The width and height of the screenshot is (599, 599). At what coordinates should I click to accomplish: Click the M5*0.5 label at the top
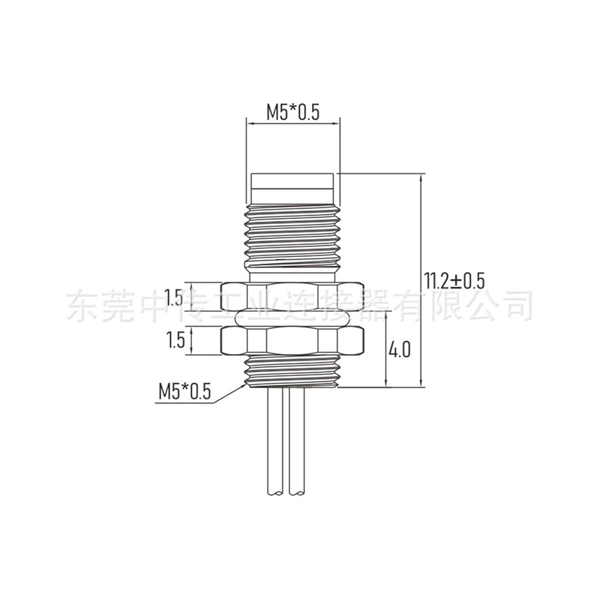coord(293,113)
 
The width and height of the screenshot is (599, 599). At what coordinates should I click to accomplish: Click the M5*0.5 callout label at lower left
coord(185,392)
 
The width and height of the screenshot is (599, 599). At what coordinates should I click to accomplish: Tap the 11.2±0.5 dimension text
coord(454,281)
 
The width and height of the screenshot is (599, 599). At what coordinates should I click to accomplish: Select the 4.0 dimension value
coord(400,350)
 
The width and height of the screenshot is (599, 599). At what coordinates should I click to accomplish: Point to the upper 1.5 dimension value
coord(174,297)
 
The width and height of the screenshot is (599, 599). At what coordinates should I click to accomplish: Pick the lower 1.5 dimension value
coord(176,340)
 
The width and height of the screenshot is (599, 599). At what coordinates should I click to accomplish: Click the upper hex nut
coord(292,297)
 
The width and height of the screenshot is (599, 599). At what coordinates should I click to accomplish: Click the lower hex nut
coord(292,340)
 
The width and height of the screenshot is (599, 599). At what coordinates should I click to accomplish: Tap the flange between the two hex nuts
coord(292,318)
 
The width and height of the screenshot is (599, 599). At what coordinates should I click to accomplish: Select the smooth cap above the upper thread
coord(293,189)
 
